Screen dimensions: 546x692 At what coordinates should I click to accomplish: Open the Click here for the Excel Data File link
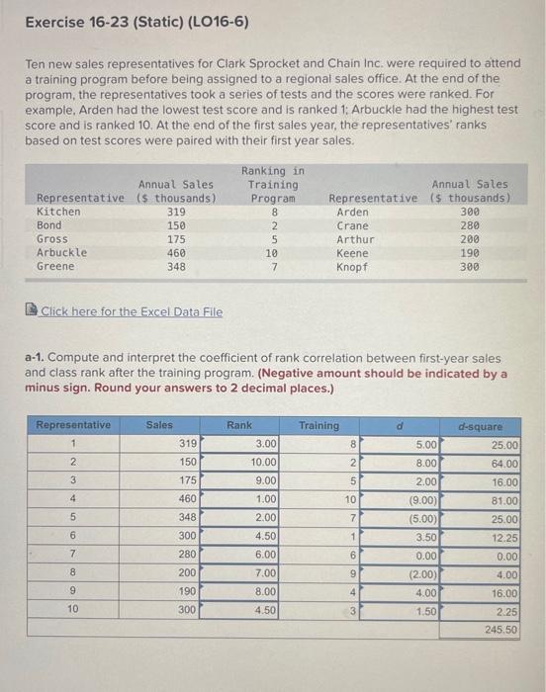132,312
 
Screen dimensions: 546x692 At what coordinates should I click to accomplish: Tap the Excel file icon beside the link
33,312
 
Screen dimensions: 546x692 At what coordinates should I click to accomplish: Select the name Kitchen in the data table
58,212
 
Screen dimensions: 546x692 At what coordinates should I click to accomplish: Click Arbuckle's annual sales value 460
175,252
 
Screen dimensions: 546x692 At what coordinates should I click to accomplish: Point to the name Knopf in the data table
351,267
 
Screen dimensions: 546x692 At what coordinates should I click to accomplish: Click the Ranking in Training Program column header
273,185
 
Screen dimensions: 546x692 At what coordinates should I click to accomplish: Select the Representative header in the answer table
73,426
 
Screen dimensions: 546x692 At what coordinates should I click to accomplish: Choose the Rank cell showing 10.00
262,463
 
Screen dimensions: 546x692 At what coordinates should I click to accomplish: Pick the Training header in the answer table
318,426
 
